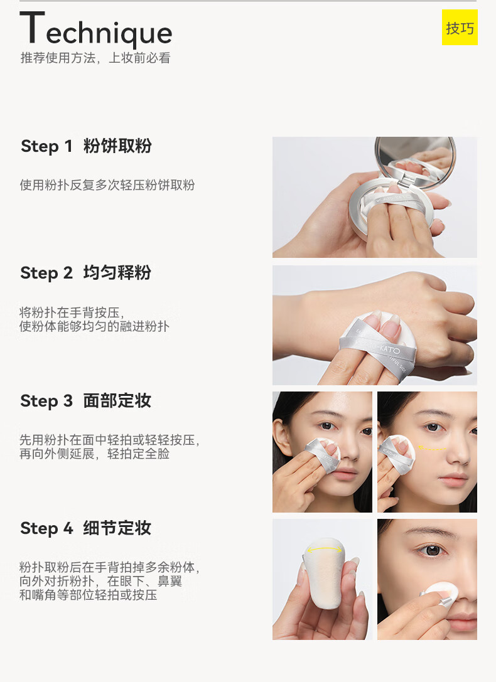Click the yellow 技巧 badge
[x=460, y=28]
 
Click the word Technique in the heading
[x=96, y=29]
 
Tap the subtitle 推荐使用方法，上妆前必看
[x=95, y=58]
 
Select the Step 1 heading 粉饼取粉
[x=117, y=146]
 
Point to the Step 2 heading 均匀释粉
[x=117, y=273]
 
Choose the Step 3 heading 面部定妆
[x=117, y=400]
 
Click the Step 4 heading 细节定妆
[x=117, y=528]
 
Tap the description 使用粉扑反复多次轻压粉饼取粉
[x=107, y=185]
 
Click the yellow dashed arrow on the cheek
[x=432, y=447]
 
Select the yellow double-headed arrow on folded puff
[x=325, y=550]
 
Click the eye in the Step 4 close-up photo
[x=431, y=551]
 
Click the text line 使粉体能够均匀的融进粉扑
[x=94, y=326]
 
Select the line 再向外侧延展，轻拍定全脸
[x=94, y=454]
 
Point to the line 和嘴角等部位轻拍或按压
[x=89, y=595]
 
